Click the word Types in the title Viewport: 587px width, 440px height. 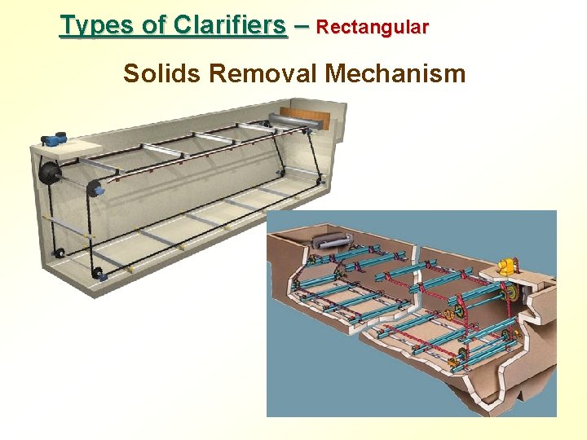tap(90, 25)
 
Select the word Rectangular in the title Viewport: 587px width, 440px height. tap(372, 27)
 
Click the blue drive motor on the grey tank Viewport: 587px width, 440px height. tap(55, 139)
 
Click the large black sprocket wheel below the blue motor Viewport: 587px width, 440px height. tap(51, 173)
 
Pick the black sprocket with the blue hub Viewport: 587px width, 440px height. tap(96, 189)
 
